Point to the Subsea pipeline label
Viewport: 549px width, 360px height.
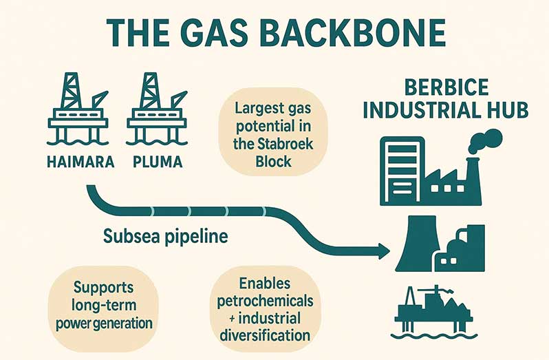[x=165, y=237]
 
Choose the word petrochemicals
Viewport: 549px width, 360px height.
[x=265, y=301]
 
